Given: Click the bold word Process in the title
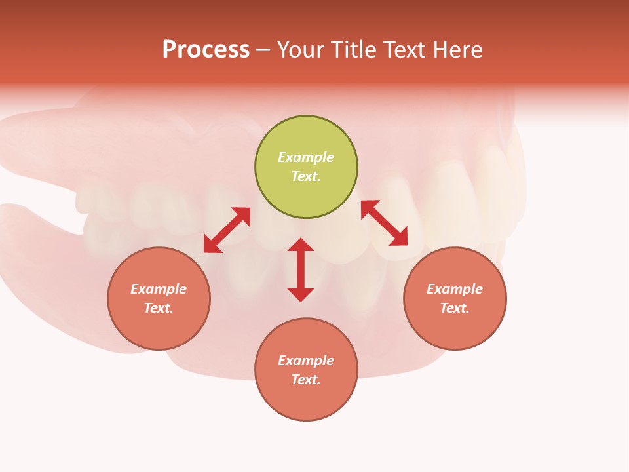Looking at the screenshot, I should (206, 50).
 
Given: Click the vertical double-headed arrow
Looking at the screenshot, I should (301, 269).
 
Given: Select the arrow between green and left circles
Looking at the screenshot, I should (227, 230).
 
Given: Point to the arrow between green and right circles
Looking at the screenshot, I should (384, 223).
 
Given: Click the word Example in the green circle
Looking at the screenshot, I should (306, 157).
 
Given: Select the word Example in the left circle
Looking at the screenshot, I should (159, 289).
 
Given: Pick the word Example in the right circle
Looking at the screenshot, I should (455, 289).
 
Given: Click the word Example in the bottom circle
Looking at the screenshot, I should (306, 361).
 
